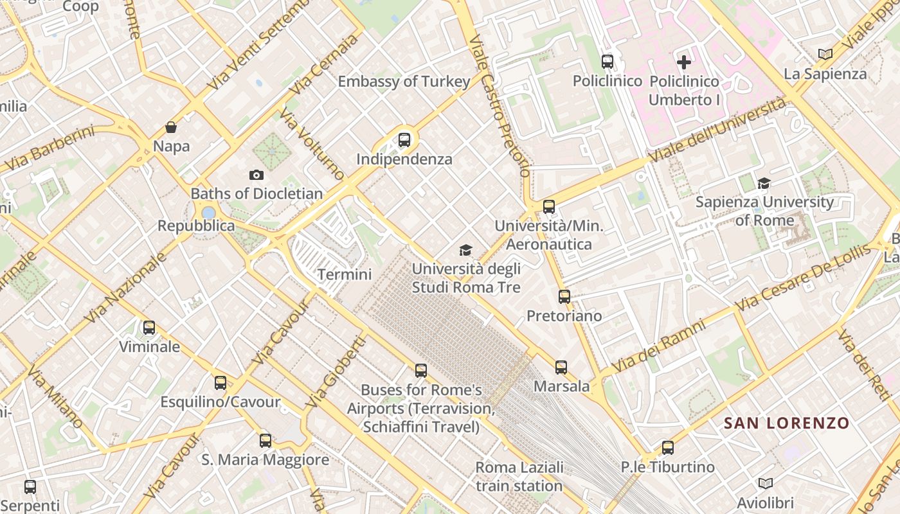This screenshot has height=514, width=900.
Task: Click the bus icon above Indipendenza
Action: [404, 139]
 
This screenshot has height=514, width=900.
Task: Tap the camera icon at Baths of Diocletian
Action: [256, 175]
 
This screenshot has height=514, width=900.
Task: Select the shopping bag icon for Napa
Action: [171, 127]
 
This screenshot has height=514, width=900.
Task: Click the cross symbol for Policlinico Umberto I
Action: [684, 62]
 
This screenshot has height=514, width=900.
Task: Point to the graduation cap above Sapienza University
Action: [764, 184]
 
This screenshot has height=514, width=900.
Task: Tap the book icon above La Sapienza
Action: [825, 55]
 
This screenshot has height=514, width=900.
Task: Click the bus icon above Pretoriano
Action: [564, 297]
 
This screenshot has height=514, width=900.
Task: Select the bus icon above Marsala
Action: [561, 368]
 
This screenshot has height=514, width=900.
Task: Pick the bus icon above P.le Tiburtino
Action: [668, 448]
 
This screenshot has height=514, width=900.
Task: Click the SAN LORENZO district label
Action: [786, 423]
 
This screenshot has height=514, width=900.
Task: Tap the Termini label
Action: [345, 274]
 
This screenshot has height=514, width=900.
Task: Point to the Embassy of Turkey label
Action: [404, 82]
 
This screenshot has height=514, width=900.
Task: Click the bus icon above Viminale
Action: [149, 328]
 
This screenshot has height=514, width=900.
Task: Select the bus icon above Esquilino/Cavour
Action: [221, 383]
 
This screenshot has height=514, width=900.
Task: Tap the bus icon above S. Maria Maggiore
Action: [265, 441]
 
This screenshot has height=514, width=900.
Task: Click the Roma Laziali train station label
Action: [519, 476]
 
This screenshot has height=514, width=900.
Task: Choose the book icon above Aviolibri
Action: [765, 484]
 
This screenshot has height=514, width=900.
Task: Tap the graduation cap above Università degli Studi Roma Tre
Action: [465, 251]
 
